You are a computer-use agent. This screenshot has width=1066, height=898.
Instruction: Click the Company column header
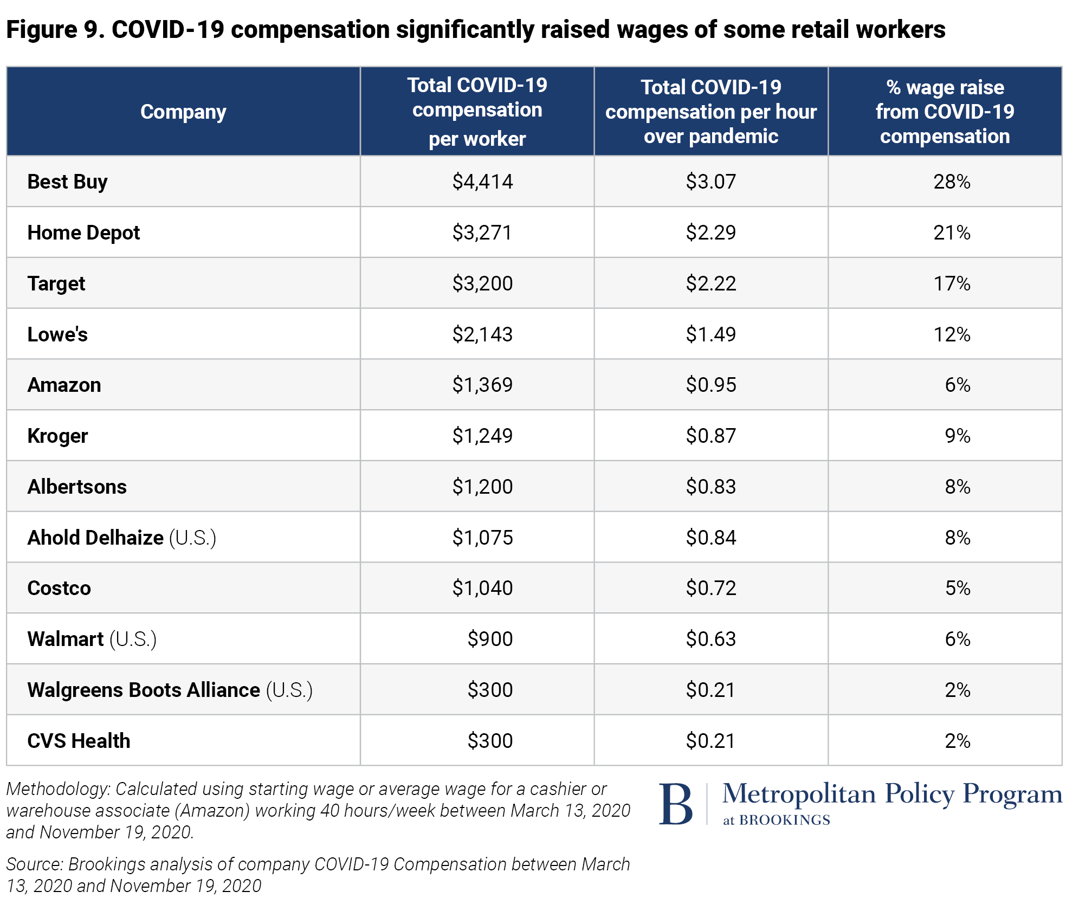tap(183, 112)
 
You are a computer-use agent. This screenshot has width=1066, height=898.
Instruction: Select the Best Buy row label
tap(67, 182)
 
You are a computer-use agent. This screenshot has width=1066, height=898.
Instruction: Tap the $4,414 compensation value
tap(482, 182)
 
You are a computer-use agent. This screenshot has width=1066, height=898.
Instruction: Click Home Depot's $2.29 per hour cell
tap(710, 232)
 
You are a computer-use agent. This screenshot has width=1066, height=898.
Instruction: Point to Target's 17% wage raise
tap(952, 283)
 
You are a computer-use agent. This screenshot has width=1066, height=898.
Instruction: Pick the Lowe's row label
tap(57, 334)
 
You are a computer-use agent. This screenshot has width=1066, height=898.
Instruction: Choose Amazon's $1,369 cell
tap(482, 385)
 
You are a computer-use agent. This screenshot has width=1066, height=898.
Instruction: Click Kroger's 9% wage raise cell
tap(957, 436)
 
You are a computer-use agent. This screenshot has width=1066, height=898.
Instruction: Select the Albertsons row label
tap(77, 487)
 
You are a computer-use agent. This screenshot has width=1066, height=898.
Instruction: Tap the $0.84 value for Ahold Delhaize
tap(710, 538)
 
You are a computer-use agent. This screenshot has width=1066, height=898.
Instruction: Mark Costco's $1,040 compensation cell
tap(482, 588)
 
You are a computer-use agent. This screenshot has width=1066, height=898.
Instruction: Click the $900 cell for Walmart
tap(490, 639)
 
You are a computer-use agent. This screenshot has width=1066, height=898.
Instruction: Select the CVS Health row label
tap(79, 741)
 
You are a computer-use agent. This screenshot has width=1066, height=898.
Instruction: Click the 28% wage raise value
tap(952, 182)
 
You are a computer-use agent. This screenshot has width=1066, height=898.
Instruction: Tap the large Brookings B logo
tap(676, 804)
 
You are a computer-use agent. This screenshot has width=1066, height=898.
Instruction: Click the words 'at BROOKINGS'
tap(776, 820)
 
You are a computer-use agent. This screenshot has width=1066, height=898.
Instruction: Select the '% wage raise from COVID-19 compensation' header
tap(945, 112)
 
